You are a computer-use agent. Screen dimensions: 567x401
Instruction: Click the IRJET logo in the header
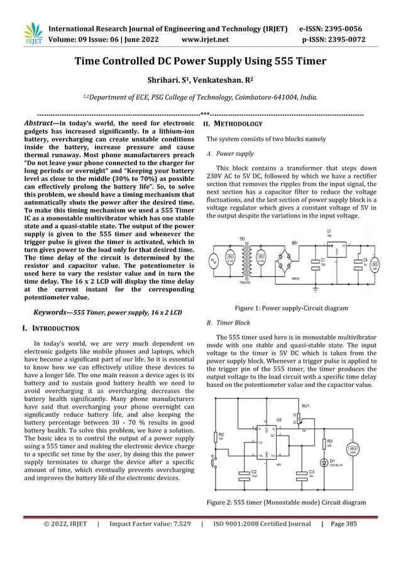[x=31, y=34]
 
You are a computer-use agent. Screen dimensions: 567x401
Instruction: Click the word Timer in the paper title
[x=305, y=61]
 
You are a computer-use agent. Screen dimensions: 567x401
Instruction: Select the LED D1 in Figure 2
[x=323, y=462]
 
